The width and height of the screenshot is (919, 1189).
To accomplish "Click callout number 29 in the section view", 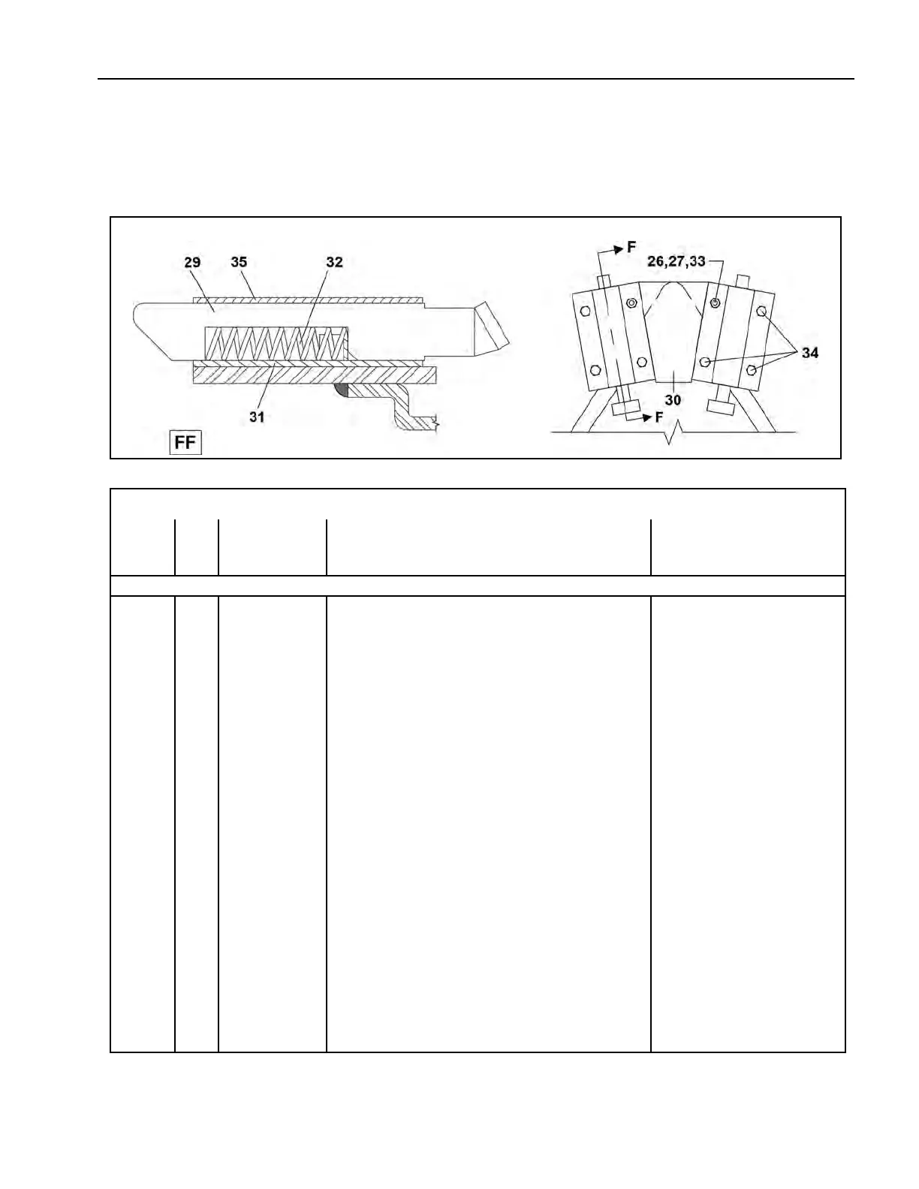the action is pyautogui.click(x=192, y=262).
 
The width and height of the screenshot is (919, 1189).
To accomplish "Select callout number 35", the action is pyautogui.click(x=239, y=262).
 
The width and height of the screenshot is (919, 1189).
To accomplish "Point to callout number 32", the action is pyautogui.click(x=334, y=262).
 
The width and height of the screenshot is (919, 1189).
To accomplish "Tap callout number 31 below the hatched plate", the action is pyautogui.click(x=257, y=417).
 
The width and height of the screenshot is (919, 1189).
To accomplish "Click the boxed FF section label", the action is pyautogui.click(x=185, y=442).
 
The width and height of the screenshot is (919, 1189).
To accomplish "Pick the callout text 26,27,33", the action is pyautogui.click(x=676, y=262).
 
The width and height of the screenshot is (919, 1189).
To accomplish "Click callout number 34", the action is pyautogui.click(x=809, y=352).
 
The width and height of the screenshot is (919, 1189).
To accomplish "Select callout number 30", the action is pyautogui.click(x=673, y=400).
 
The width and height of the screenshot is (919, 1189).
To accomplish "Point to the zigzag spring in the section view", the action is pyautogui.click(x=274, y=345).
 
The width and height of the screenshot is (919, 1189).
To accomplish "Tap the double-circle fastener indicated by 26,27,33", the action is pyautogui.click(x=715, y=303).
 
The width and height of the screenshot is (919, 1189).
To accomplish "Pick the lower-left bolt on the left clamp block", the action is pyautogui.click(x=595, y=370).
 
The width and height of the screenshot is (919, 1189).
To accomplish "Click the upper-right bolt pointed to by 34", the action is pyautogui.click(x=761, y=312).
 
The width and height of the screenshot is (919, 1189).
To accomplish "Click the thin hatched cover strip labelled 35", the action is pyautogui.click(x=308, y=300).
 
